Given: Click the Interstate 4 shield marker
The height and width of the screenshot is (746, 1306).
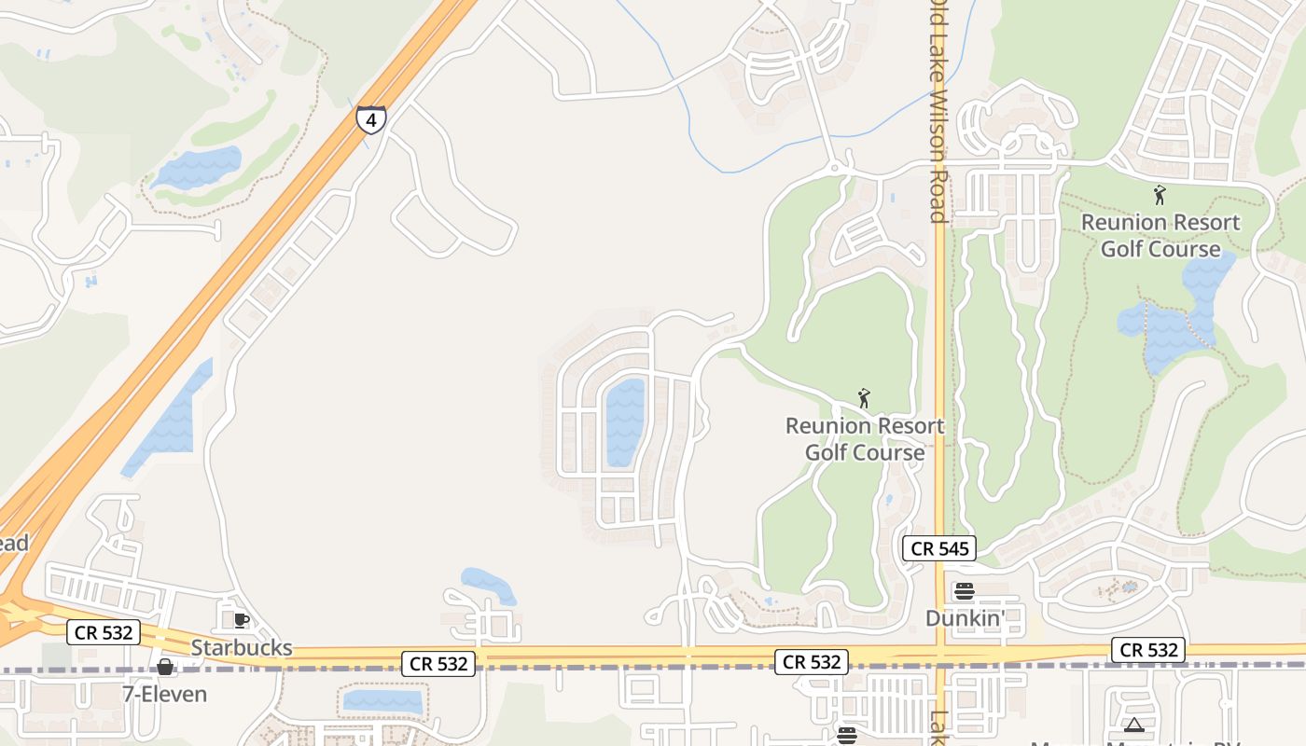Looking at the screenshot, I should pos(370,119).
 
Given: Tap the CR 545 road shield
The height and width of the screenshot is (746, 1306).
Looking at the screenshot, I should pos(939,548).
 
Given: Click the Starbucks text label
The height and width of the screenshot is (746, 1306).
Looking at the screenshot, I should pos(242,647).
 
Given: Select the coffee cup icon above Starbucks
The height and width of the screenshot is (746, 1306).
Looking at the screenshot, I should pos(241,620).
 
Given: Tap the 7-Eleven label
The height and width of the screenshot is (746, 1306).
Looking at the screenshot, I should pos(165,694).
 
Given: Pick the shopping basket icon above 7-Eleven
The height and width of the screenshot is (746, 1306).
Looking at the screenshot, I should pos(165,667).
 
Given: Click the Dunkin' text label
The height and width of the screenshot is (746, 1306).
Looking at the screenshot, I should pos(964,617).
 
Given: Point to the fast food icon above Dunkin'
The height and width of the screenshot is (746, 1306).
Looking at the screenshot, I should pos(965,591).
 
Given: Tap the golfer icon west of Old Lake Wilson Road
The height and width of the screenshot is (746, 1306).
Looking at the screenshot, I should pos(864,399).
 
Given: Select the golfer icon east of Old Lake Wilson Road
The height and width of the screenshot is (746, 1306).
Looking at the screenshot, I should pos(1160,195).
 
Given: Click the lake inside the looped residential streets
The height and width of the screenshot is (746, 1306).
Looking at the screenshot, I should pos(625,421).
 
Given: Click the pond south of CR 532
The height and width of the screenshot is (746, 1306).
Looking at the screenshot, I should pos(382,701).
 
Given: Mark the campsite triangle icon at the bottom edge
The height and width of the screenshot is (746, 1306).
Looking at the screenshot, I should pos(1133,725).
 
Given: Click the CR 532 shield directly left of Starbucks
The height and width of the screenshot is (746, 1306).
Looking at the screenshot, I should pos(104,632).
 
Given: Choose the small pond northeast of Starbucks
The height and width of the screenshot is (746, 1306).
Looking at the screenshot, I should pos(488,585).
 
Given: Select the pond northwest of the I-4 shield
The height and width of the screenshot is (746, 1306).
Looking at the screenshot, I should pos(198,167).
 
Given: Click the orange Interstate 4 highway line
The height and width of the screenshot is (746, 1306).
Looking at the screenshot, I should pos(233,280).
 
